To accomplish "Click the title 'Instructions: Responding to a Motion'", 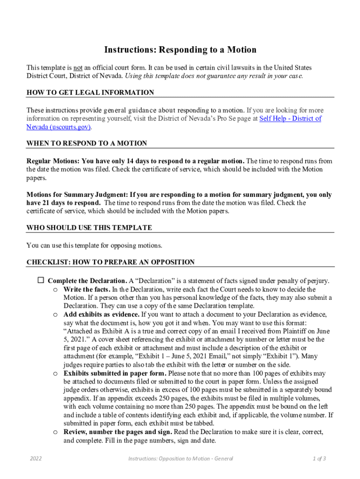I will coord(180,50).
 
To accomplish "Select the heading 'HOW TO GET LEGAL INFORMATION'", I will coord(90,93).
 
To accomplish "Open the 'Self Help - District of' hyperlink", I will coord(290,119).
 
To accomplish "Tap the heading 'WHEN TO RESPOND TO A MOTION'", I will coord(86,143).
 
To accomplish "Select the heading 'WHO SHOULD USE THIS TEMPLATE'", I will coord(89,228).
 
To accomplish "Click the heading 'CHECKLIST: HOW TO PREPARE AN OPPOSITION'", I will coord(110,262).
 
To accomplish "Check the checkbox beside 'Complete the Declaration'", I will coord(41,281).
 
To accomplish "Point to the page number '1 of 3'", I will coord(319,458).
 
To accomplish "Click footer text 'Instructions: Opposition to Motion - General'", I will coord(180,458).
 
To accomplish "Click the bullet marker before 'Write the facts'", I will coord(55,290).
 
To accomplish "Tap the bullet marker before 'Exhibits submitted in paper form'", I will coord(55,374).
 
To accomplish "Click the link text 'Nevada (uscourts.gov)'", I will coord(58,127).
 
